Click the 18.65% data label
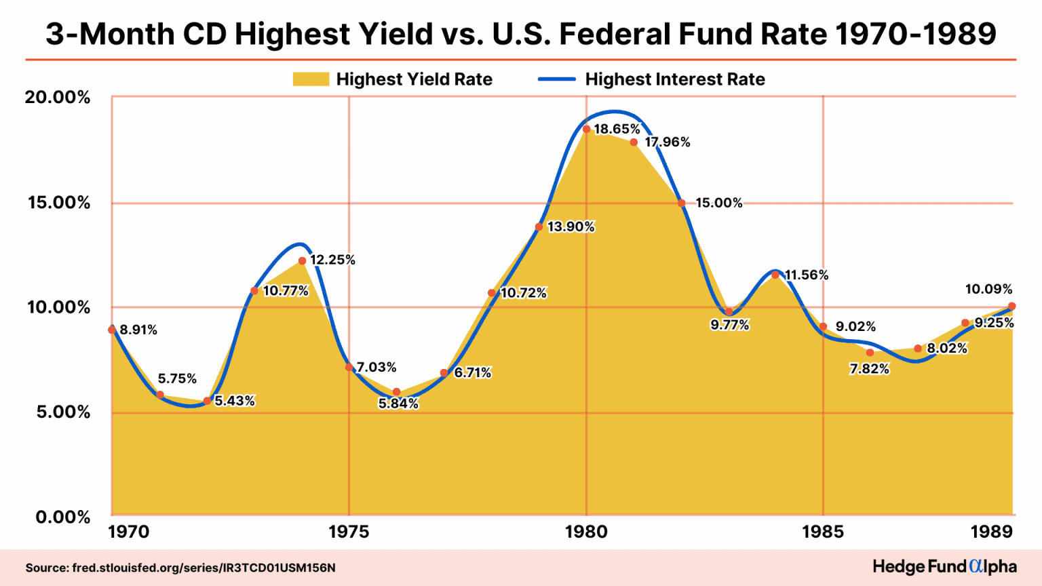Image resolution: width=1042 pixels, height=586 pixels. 617,129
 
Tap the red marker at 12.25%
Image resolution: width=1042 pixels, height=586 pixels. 302,260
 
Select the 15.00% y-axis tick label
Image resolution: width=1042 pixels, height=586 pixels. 58,203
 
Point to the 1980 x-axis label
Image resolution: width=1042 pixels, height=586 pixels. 586,532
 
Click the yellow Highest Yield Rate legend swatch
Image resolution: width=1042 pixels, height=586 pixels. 311,79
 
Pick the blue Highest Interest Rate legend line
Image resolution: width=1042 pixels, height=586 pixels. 556,79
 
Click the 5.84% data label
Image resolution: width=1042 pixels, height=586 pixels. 398,404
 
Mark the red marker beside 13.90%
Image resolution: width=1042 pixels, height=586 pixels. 539,227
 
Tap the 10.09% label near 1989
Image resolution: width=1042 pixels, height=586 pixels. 988,290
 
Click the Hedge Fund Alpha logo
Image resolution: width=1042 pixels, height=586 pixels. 944,566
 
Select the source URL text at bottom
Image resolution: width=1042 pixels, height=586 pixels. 180,568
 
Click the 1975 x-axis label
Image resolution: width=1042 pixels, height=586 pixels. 349,532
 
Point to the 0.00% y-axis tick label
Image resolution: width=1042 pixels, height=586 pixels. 62,517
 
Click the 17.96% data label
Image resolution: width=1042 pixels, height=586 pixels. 668,142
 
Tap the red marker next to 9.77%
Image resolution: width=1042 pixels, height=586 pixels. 729,312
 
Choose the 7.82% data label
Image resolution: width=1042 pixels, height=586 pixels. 869,370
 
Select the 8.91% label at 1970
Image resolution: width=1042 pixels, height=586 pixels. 138,330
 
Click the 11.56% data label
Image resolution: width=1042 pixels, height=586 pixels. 807,275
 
